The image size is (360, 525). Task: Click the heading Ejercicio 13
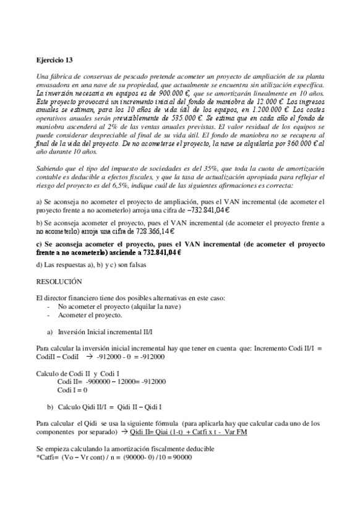(55, 59)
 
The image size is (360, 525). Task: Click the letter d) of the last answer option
(40, 266)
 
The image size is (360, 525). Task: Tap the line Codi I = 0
(72, 390)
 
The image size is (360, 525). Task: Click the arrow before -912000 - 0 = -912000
(89, 357)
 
